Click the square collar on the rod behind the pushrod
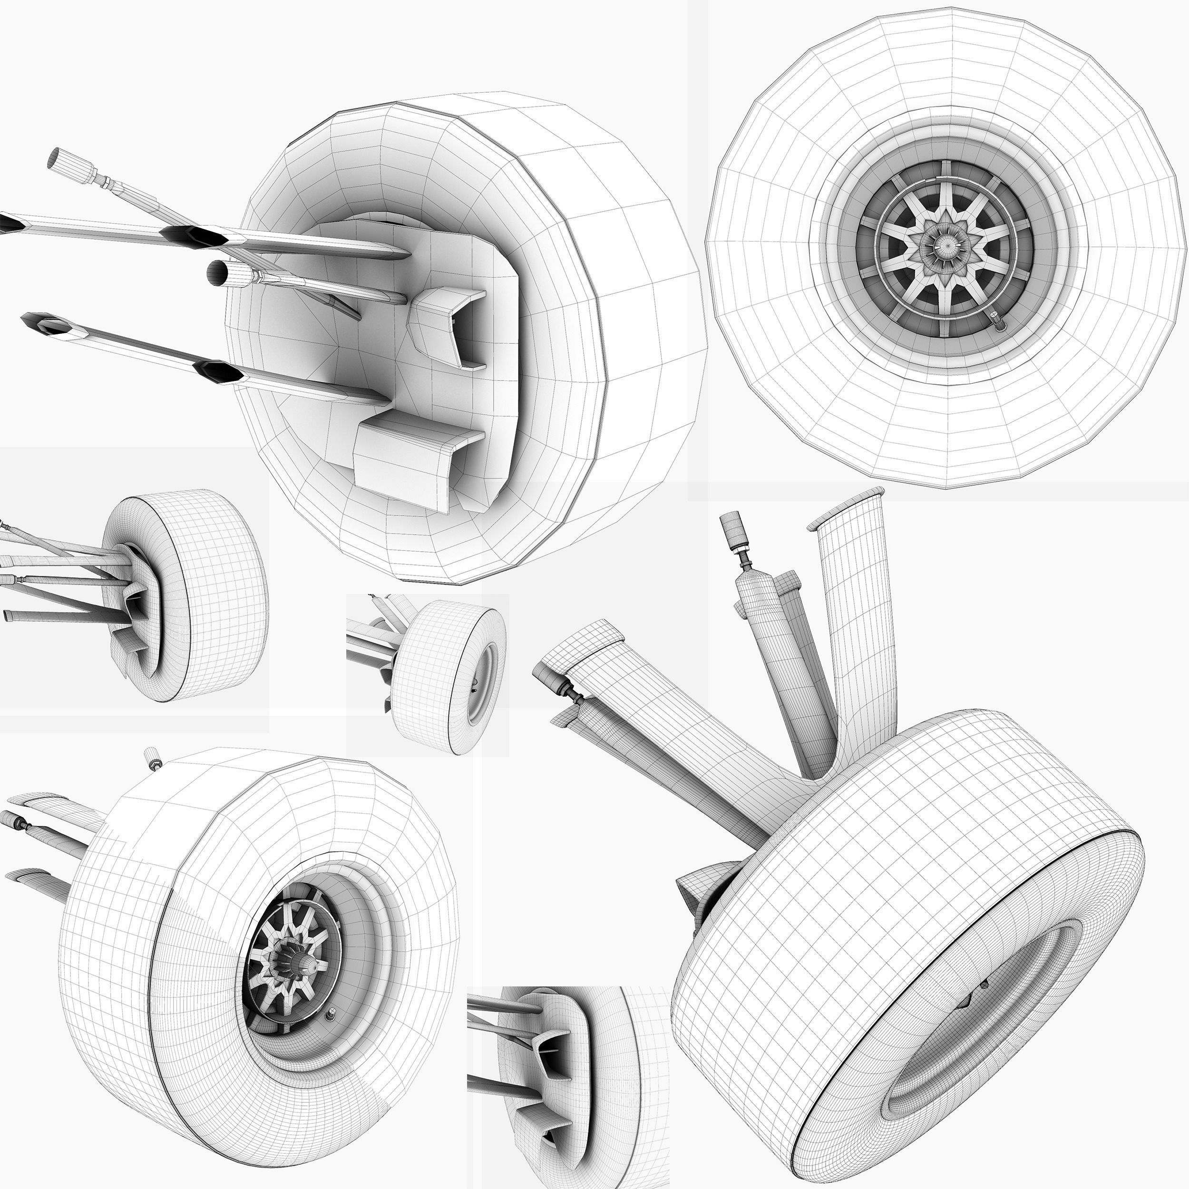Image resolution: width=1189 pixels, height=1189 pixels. click(787, 584)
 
